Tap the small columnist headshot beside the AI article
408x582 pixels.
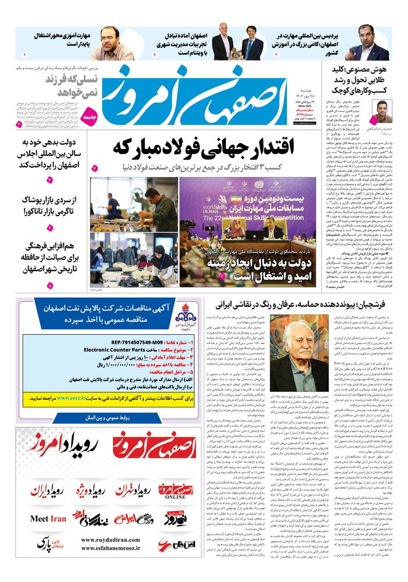click(382, 111)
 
